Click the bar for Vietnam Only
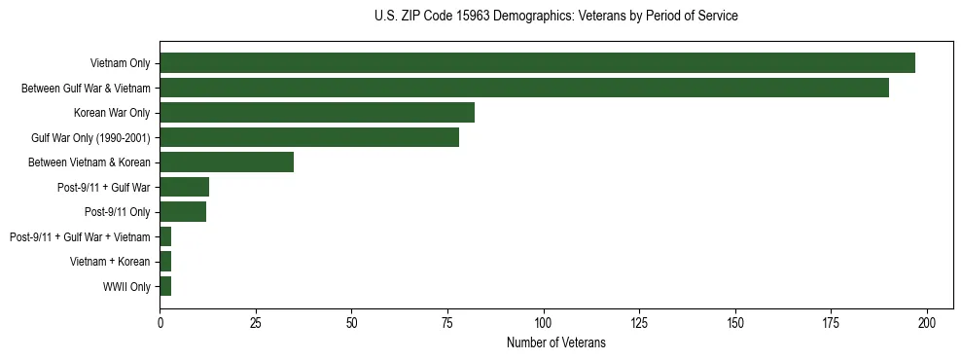537,63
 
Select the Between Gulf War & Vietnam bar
524,88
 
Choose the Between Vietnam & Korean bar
227,162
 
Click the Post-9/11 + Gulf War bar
185,187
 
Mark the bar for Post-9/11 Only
183,212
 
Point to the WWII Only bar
165,286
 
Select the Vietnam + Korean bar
165,262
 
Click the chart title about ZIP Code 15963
555,17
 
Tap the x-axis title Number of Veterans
555,342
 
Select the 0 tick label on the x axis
160,322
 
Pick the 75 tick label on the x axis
447,322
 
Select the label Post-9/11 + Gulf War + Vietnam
80,237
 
